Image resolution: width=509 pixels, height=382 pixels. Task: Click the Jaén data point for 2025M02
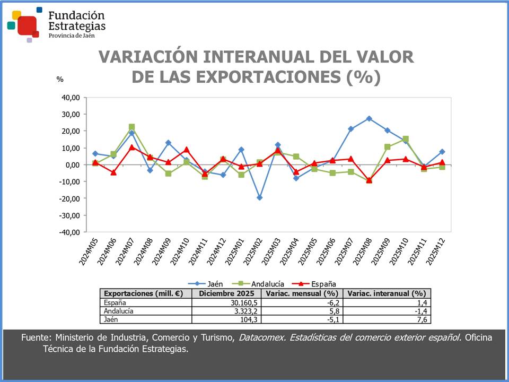[x=259, y=197]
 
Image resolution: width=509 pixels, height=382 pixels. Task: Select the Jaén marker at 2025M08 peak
[x=369, y=118]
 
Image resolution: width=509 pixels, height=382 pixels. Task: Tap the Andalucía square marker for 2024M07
[x=131, y=127]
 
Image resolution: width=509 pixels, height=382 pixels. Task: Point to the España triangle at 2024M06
[x=113, y=172]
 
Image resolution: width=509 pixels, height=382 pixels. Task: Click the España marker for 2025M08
[x=369, y=180]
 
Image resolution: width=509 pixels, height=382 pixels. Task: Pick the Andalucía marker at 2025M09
[x=388, y=147]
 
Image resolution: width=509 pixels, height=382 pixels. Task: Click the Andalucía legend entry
[x=268, y=284]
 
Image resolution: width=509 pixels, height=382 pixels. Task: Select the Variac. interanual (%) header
[x=387, y=293]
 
